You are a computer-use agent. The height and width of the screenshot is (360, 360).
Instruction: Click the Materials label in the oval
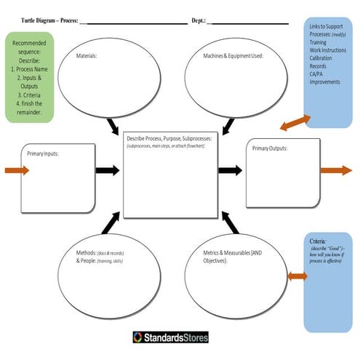click(x=87, y=55)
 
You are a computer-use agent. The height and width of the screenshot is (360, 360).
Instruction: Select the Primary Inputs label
click(x=43, y=153)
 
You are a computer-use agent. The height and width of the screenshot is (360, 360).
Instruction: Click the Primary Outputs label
click(x=270, y=148)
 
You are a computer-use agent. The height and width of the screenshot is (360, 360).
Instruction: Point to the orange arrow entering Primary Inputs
click(x=17, y=170)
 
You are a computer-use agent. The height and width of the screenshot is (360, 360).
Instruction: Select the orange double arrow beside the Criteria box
click(x=297, y=276)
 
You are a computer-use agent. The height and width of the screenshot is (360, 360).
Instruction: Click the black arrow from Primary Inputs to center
click(x=108, y=170)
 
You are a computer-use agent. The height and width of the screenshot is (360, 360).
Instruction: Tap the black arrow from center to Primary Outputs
click(x=230, y=170)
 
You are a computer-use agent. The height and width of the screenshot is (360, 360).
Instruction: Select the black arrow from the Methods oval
click(x=113, y=219)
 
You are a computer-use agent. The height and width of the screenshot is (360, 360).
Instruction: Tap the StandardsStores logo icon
click(x=137, y=337)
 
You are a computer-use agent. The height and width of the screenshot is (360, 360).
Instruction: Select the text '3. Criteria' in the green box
click(x=28, y=95)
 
